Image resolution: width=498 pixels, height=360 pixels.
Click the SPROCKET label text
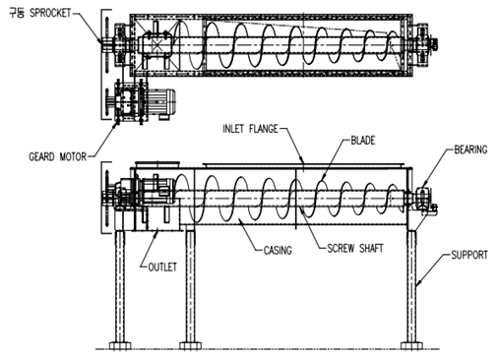(50, 13)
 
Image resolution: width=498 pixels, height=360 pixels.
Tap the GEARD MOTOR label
(57, 156)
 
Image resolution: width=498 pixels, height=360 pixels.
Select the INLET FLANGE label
(250, 129)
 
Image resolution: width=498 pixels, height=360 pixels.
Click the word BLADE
(363, 141)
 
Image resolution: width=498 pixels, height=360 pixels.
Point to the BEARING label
(470, 150)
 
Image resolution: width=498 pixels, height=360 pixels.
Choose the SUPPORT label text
(469, 255)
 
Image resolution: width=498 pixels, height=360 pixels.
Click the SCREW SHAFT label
(355, 248)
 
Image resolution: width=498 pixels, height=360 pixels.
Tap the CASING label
(278, 251)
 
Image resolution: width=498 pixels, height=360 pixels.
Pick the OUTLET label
(162, 267)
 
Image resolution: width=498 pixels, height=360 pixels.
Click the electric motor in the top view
(160, 102)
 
